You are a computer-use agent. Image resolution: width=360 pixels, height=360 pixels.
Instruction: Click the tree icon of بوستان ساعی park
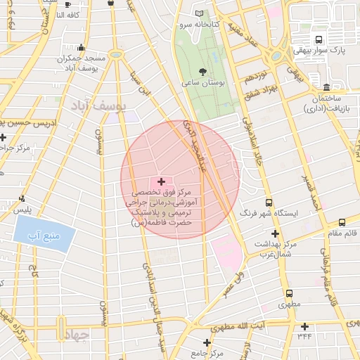coord(203,72)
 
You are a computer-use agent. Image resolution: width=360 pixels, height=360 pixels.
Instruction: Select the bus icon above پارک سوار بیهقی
coord(319,40)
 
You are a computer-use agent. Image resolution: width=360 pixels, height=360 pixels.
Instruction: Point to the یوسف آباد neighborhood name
coord(98,105)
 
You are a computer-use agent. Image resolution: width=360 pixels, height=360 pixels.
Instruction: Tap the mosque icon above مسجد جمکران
coord(82,48)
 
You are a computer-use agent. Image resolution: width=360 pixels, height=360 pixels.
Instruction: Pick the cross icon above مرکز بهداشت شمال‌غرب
coord(275,233)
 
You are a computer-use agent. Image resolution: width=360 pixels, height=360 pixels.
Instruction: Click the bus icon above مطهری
coord(288,294)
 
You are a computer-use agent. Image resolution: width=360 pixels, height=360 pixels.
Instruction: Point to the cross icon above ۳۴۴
coord(304,326)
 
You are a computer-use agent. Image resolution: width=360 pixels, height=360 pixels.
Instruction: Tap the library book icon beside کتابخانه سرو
coord(199,14)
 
